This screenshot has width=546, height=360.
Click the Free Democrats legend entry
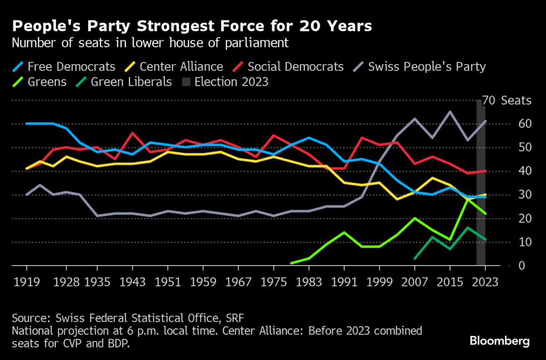coord(63,67)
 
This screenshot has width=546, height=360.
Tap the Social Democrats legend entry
coord(288,67)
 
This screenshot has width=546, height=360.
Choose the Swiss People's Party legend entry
coord(420,67)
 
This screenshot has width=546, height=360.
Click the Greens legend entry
coord(40,82)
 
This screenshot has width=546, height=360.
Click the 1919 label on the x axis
coord(27,282)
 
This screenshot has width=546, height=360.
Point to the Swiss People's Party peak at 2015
coord(450,111)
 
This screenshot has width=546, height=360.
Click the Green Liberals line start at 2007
coord(415,259)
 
